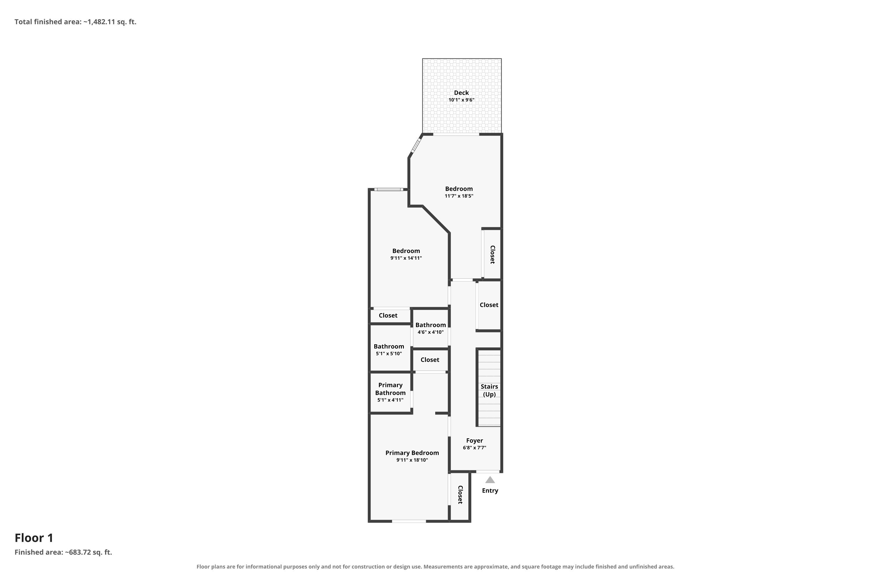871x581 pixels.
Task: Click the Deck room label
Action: click(x=461, y=93)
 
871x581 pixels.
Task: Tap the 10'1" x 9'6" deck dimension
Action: click(x=461, y=100)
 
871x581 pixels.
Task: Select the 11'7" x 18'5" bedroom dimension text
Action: click(x=459, y=196)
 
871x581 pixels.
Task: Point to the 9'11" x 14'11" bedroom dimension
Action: click(x=406, y=258)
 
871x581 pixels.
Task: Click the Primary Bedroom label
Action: click(x=412, y=453)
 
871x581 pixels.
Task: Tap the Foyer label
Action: click(x=474, y=441)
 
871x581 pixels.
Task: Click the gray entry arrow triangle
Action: click(x=490, y=480)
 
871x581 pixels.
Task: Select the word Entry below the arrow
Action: click(x=490, y=491)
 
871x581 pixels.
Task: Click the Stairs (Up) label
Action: click(x=489, y=390)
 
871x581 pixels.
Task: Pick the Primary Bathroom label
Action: click(x=390, y=389)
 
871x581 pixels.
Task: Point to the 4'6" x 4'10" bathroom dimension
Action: click(x=430, y=332)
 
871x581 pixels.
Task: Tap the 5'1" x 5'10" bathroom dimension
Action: click(x=389, y=354)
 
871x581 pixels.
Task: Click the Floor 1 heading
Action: click(x=34, y=538)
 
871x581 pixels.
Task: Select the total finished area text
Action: click(x=75, y=22)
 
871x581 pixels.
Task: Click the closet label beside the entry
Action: click(x=460, y=495)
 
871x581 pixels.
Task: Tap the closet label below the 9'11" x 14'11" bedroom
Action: click(x=388, y=315)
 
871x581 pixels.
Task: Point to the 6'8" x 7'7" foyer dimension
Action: click(x=474, y=448)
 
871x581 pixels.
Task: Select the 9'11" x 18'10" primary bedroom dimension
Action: click(x=412, y=460)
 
